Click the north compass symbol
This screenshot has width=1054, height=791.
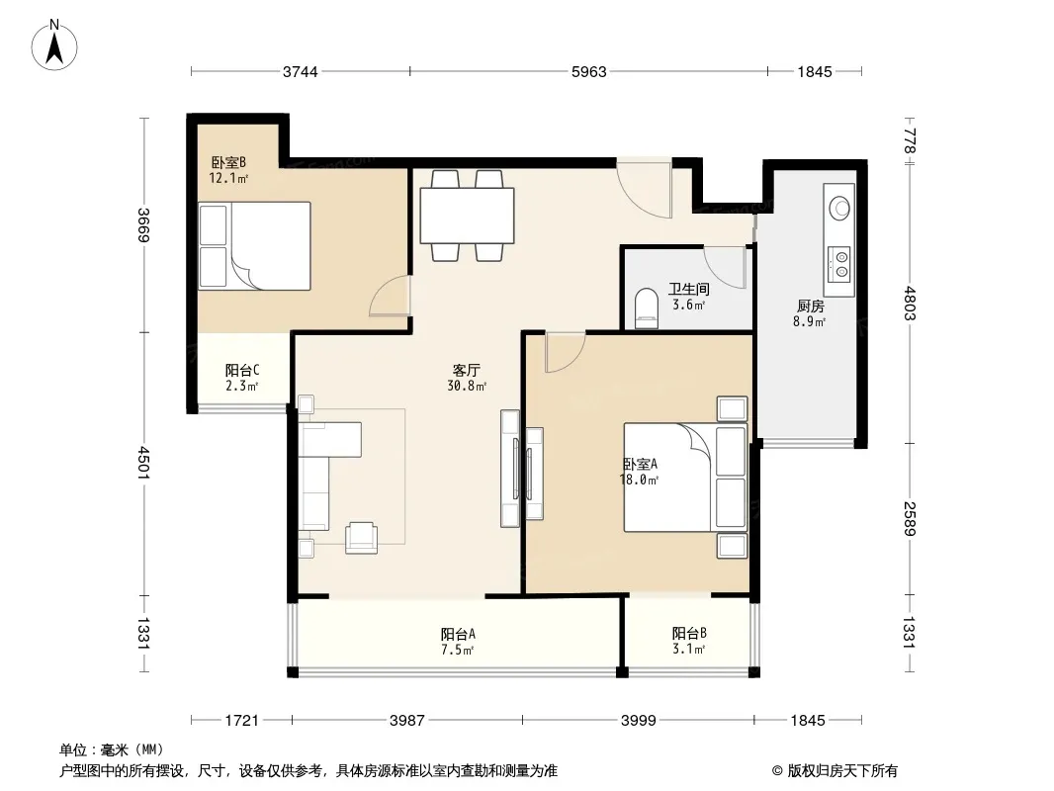pos(54,45)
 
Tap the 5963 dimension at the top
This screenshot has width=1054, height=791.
pos(589,71)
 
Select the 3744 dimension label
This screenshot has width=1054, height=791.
pos(300,71)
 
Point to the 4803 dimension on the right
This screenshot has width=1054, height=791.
pos(910,304)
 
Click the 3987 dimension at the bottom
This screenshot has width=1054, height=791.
pos(406,721)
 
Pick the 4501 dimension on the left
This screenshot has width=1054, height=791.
pos(143,463)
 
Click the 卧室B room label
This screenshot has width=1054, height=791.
pos(228,162)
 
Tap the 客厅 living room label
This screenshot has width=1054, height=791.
pos(466,371)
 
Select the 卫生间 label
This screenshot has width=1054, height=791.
pos(688,289)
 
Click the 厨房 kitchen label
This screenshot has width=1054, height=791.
pos(809,306)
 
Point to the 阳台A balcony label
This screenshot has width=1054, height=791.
pos(459,634)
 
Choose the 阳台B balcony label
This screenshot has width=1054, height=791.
pos(689,633)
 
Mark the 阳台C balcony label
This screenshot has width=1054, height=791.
pos(242,371)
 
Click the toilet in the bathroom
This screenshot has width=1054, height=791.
pos(646,308)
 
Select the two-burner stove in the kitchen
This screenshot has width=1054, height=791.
pos(840,263)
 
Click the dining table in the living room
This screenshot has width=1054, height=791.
pos(467,216)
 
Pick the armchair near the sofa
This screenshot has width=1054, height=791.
pos(362,538)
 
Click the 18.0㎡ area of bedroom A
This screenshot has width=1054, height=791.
pos(639,480)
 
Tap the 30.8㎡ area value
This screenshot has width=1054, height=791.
pos(467,387)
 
